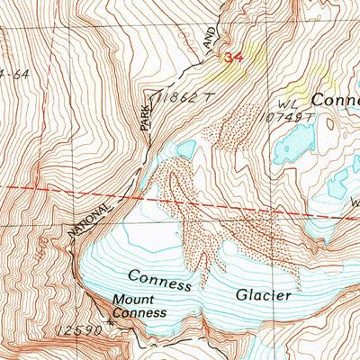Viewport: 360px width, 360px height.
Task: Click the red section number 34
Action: [234, 58]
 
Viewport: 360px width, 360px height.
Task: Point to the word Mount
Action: [131, 300]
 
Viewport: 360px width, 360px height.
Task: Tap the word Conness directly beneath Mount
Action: [139, 312]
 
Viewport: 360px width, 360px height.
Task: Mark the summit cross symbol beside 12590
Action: [111, 320]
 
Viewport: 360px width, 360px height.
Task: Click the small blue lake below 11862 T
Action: [185, 148]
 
